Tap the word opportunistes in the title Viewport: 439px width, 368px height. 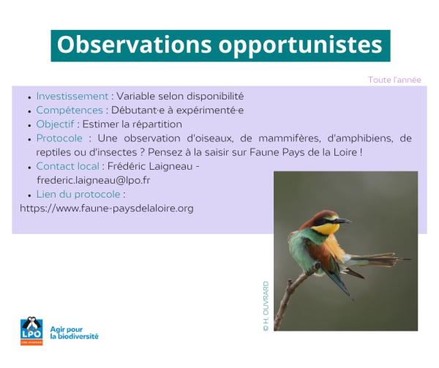point(300,46)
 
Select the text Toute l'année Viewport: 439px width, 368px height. point(394,80)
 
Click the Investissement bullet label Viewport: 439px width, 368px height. point(72,97)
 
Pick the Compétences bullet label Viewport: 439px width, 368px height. point(70,110)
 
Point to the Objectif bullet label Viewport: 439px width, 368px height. point(55,124)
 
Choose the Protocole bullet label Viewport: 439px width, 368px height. point(59,138)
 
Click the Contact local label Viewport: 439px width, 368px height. point(68,166)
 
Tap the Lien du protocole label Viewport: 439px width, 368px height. point(78,194)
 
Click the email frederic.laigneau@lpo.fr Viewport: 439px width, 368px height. point(94,180)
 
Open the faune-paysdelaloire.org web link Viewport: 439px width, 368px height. point(107,209)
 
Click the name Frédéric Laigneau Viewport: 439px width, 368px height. point(150,166)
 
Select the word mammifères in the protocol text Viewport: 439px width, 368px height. point(289,138)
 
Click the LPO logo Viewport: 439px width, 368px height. point(31,331)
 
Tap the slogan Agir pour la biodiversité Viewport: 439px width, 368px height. point(74,333)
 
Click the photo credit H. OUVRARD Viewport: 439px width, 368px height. point(266,307)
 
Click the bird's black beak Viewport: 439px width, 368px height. point(342,221)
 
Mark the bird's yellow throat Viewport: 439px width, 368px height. point(326,228)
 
